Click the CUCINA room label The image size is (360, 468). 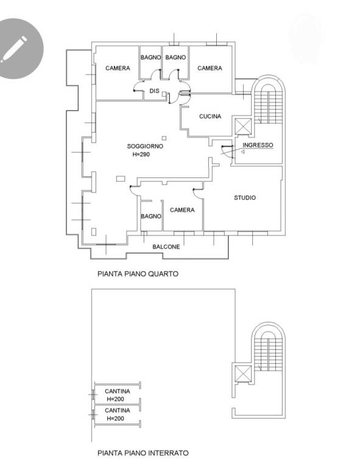coord(210,116)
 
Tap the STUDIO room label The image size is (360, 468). coord(245,197)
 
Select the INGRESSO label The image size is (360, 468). coord(258,145)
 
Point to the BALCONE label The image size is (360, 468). coord(166,247)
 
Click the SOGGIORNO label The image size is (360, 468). coord(145,146)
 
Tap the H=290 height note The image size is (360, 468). coord(141,154)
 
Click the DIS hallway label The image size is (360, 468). coord(154,91)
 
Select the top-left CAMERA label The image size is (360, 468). coord(118,68)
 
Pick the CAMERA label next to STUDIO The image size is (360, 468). coord(182,210)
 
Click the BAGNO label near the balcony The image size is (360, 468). coord(151,216)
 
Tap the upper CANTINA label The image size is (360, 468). coord(117,391)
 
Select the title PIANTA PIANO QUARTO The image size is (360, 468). coord(138,274)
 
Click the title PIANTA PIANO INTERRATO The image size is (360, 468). coord(143,453)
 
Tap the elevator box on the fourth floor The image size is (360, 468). coord(244,127)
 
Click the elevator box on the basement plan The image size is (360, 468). coord(244,374)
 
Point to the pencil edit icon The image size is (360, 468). coord(18,48)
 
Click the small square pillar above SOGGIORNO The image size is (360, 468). coord(164,138)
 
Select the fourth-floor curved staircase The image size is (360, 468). coord(268,99)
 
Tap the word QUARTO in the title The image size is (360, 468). coord(165,274)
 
